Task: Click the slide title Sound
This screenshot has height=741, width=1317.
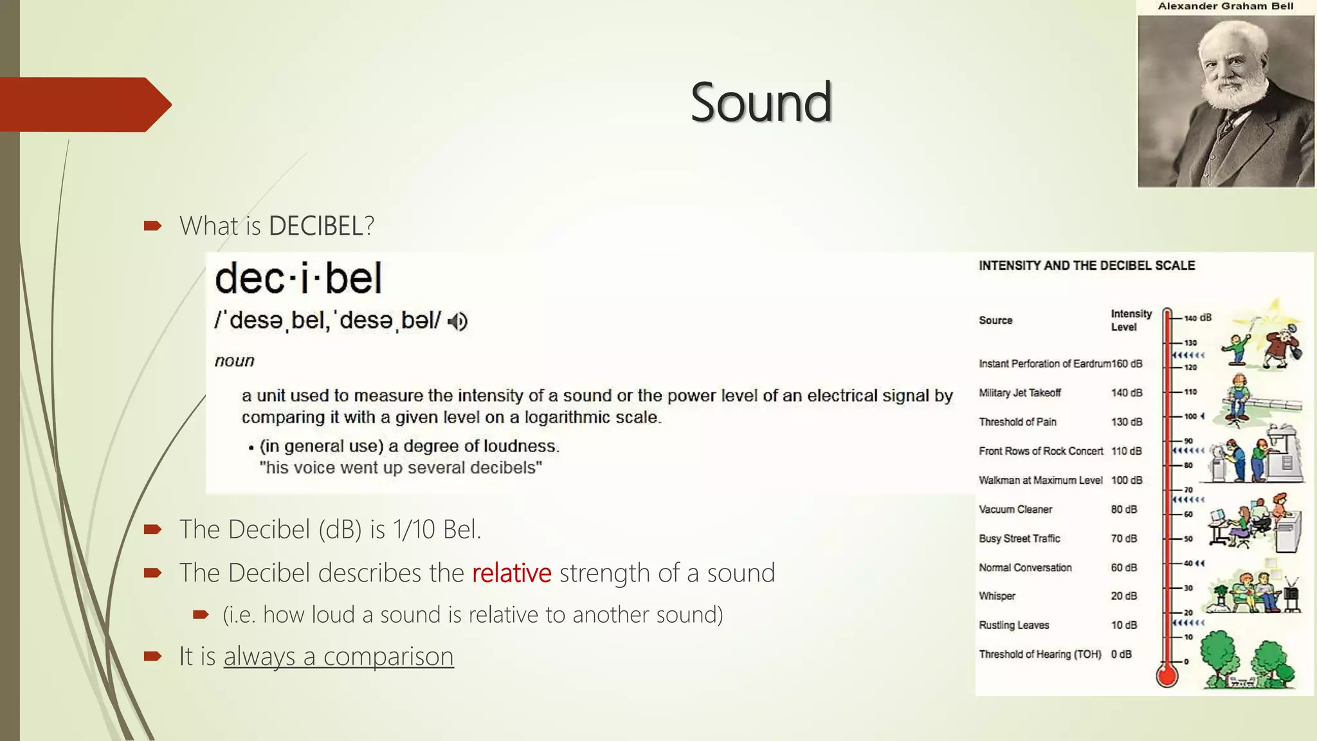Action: tap(761, 102)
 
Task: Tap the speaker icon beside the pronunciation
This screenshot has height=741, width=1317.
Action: tap(457, 321)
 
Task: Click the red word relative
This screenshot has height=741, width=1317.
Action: tap(511, 572)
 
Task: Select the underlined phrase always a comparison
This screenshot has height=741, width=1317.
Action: tap(338, 656)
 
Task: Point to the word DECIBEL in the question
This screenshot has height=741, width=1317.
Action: tap(316, 226)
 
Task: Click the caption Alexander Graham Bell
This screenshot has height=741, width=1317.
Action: tap(1225, 6)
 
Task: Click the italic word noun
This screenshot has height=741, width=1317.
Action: tap(235, 361)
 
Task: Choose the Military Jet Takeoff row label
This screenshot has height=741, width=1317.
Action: tap(1020, 393)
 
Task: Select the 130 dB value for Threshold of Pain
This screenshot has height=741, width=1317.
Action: tap(1126, 422)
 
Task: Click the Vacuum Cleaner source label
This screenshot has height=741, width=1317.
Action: tap(1015, 509)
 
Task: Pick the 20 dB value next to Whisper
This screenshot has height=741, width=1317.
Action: tap(1123, 596)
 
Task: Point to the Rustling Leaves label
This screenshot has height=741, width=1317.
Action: tap(1013, 625)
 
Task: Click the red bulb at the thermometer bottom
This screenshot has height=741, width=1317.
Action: tap(1167, 675)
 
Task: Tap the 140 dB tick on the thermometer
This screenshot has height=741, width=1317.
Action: tap(1197, 318)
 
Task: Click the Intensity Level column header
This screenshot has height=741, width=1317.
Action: tap(1131, 320)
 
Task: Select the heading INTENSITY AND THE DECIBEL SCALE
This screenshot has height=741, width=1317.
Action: tap(1086, 266)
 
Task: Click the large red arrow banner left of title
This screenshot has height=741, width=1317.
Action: tap(84, 104)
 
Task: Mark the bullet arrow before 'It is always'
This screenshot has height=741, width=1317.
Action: tap(152, 656)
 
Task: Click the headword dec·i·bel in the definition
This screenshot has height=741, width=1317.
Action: tap(298, 279)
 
